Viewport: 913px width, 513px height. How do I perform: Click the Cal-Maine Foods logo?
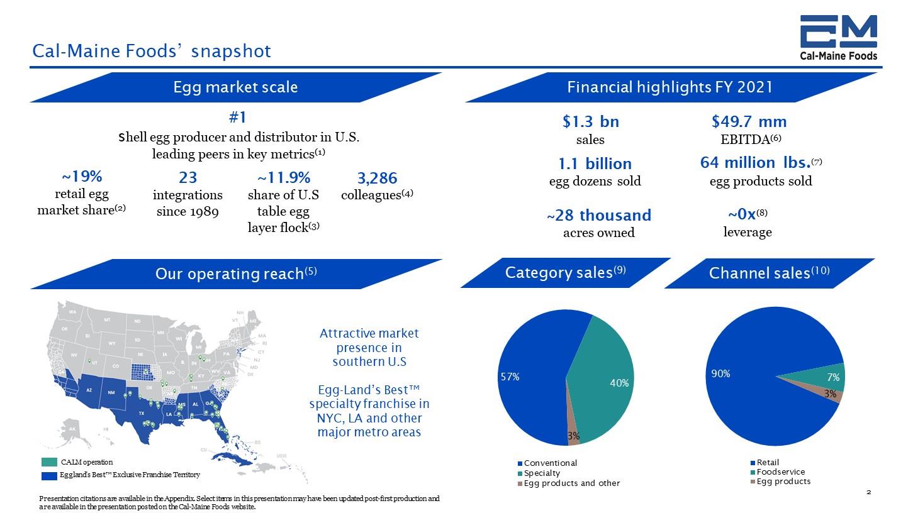point(838,38)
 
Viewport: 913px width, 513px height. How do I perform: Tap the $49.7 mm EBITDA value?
point(749,121)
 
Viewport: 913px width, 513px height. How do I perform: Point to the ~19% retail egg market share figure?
point(82,176)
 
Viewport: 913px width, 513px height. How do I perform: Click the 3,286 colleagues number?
point(377,178)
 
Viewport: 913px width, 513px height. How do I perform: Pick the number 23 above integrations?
point(188,178)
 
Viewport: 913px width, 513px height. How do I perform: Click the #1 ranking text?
point(237,118)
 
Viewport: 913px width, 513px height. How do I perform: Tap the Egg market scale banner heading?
point(235,87)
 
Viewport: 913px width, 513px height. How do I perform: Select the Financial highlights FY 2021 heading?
point(669,87)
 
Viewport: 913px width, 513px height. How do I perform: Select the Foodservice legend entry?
point(780,472)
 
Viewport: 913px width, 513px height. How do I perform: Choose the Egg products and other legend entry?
point(571,483)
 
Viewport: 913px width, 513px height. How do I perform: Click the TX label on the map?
point(142,413)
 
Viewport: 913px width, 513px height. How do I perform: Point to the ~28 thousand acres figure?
point(598,216)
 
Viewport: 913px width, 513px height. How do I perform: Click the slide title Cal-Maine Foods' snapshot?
point(152,51)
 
